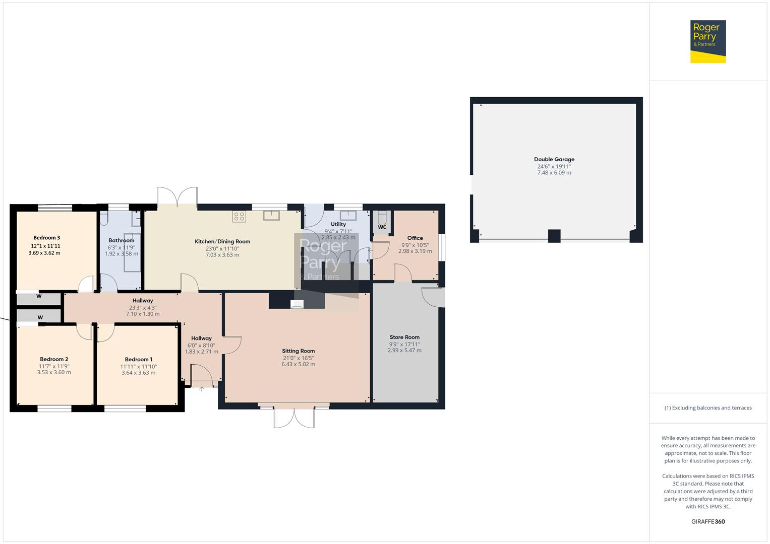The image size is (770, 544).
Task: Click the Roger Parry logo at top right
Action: coord(707,41)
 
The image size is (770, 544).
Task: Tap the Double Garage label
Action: coord(554,159)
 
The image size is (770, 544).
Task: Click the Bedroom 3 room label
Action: coord(47,238)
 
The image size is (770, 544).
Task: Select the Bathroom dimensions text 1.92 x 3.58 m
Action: coord(121,254)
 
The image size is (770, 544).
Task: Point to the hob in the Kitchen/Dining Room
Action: coord(239,217)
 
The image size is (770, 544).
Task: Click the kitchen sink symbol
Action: coord(271,215)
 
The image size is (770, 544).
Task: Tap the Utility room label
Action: coord(338,224)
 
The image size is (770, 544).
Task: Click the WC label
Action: coord(382,227)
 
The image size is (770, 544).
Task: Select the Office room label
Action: coord(415,238)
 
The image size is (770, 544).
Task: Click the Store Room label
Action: coord(404,337)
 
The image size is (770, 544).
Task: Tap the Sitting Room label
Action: coord(298,351)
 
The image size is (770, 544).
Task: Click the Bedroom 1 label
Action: coord(139,359)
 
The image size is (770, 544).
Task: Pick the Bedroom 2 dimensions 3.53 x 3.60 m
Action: coord(54,373)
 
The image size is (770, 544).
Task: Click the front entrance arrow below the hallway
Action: coord(202,389)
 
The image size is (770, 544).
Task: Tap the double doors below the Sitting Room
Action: coord(294,417)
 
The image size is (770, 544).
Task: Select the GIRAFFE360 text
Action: coord(707,521)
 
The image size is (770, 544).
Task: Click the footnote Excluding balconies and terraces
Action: coord(707,408)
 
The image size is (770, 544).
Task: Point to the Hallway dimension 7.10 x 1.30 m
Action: coord(143,314)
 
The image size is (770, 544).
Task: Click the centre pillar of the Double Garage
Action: coord(554,236)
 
